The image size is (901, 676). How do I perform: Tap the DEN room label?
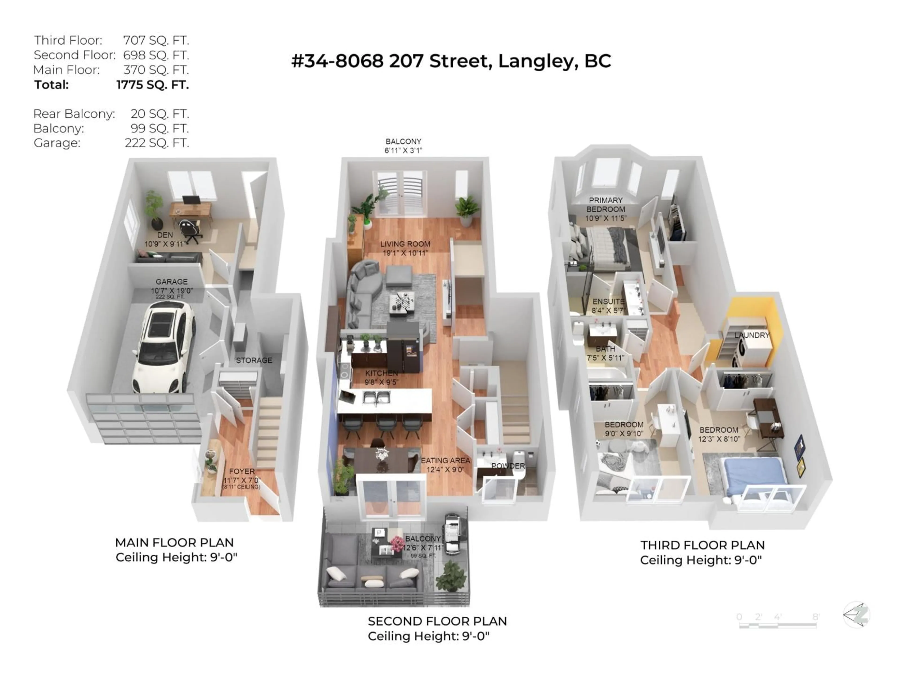coord(165,235)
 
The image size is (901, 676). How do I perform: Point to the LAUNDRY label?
coord(752,335)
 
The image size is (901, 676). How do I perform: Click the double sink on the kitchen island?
coord(377,397)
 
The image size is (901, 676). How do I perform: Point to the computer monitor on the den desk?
coord(191,200)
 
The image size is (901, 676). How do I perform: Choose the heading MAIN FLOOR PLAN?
coord(174,543)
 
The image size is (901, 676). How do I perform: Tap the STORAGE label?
coord(254,360)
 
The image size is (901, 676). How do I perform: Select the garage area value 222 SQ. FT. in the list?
coord(157,143)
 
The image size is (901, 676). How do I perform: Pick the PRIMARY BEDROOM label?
coord(606,204)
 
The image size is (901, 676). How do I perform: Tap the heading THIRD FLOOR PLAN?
coord(702,545)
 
